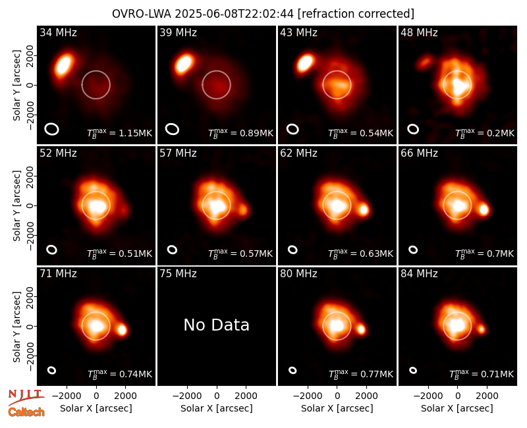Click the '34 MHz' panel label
[x=58, y=32]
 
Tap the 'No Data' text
[x=217, y=325]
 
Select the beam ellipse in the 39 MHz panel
[x=172, y=129]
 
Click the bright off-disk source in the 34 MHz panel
[x=64, y=65]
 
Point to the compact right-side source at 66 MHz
[x=484, y=209]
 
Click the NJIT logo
[x=26, y=396]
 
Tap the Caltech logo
[x=26, y=412]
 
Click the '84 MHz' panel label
[x=419, y=274]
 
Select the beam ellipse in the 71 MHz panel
[x=51, y=370]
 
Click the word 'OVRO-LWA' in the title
[x=142, y=14]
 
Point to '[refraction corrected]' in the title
[x=356, y=14]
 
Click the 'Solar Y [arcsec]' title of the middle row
[x=16, y=205]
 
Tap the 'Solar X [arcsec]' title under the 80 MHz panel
[x=337, y=408]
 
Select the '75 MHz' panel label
[x=178, y=274]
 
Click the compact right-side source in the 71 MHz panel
[x=122, y=330]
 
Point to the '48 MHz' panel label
[x=419, y=32]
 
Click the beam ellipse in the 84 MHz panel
[x=413, y=370]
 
